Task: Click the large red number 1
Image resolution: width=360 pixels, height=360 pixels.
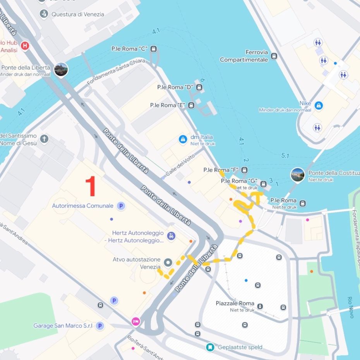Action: (x=91, y=186)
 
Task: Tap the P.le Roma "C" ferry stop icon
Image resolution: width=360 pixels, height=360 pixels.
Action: (x=154, y=49)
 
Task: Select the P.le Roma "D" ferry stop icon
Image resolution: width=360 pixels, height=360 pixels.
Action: (x=199, y=87)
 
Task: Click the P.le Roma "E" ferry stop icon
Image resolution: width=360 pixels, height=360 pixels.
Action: (x=191, y=105)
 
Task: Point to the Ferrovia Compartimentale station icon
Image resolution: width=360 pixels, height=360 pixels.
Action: (x=274, y=56)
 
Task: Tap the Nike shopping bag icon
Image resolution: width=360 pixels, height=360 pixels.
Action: (x=319, y=105)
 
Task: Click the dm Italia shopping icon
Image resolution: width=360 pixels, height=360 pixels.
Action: (x=183, y=139)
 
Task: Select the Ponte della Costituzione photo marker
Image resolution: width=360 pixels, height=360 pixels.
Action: (x=297, y=175)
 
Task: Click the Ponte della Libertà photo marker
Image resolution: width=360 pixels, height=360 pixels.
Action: (x=61, y=69)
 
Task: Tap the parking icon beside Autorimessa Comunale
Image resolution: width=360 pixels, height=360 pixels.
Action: (x=121, y=206)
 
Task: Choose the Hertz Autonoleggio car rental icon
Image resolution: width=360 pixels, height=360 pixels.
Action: (x=171, y=236)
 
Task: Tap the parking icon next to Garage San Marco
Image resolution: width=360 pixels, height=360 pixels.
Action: (x=100, y=326)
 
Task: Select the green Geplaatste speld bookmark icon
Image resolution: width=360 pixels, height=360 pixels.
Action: (x=210, y=347)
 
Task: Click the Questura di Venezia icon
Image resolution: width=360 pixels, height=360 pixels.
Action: (x=45, y=14)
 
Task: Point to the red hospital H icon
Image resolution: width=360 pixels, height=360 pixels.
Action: (x=25, y=46)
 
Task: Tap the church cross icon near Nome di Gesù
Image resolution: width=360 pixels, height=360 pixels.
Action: (x=45, y=139)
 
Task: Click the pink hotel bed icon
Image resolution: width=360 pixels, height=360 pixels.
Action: (x=135, y=321)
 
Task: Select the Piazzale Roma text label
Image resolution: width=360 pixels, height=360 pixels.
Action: (x=235, y=303)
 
